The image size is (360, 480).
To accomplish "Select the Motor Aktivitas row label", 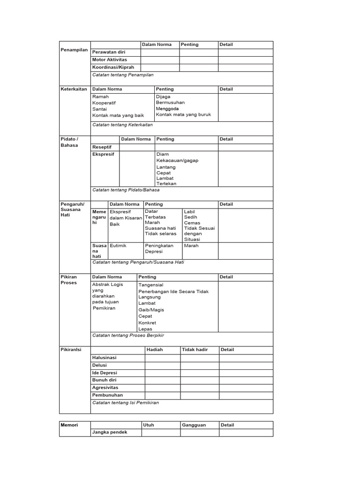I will click(x=110, y=60).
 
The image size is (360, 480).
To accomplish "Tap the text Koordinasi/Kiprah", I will click(x=113, y=67).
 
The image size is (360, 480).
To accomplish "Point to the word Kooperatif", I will click(x=104, y=103).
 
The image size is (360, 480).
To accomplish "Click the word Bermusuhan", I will click(x=170, y=102).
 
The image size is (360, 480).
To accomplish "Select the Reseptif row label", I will click(x=102, y=147).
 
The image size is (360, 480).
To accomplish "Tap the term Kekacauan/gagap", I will click(x=177, y=160).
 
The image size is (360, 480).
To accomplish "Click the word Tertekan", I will click(x=166, y=184).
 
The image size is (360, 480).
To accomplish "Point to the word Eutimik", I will click(x=118, y=246).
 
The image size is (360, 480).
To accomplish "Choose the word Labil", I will click(x=189, y=211).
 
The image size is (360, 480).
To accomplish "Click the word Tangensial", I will click(x=151, y=285).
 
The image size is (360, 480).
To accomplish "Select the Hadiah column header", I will click(x=155, y=350).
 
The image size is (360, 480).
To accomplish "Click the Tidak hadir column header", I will click(x=195, y=350).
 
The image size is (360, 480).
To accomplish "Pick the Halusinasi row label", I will click(x=104, y=358).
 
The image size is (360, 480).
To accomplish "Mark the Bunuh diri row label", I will click(x=104, y=380).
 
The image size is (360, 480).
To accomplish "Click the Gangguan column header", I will click(x=194, y=425).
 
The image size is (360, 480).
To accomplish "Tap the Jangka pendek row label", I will click(x=110, y=432).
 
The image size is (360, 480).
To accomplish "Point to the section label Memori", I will click(x=69, y=425).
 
